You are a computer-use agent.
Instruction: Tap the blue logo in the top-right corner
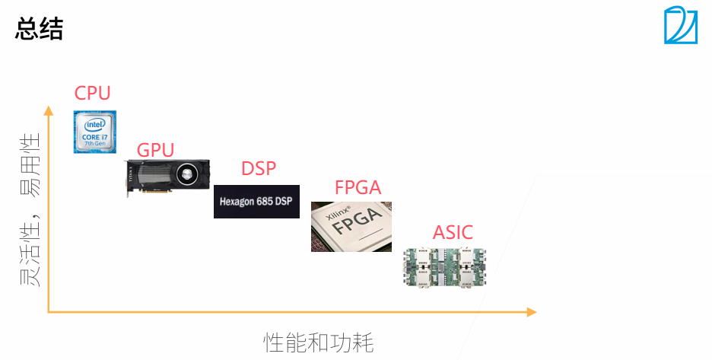pyautogui.click(x=680, y=25)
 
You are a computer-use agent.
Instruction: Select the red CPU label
pyautogui.click(x=92, y=94)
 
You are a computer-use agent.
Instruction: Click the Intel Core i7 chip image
pyautogui.click(x=94, y=132)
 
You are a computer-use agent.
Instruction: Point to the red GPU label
pyautogui.click(x=155, y=150)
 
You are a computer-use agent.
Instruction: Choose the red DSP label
pyautogui.click(x=259, y=168)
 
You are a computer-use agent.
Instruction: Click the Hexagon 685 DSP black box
pyautogui.click(x=256, y=202)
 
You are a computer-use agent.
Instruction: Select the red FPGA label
pyautogui.click(x=358, y=187)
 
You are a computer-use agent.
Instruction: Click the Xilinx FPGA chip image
pyautogui.click(x=351, y=226)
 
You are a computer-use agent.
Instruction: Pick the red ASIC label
pyautogui.click(x=453, y=232)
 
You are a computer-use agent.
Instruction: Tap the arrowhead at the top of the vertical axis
pyautogui.click(x=49, y=111)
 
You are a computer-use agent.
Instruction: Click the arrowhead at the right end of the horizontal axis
pyautogui.click(x=530, y=312)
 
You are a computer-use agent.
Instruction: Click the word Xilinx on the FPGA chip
pyautogui.click(x=338, y=214)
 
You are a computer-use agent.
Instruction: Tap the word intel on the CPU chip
pyautogui.click(x=94, y=124)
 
